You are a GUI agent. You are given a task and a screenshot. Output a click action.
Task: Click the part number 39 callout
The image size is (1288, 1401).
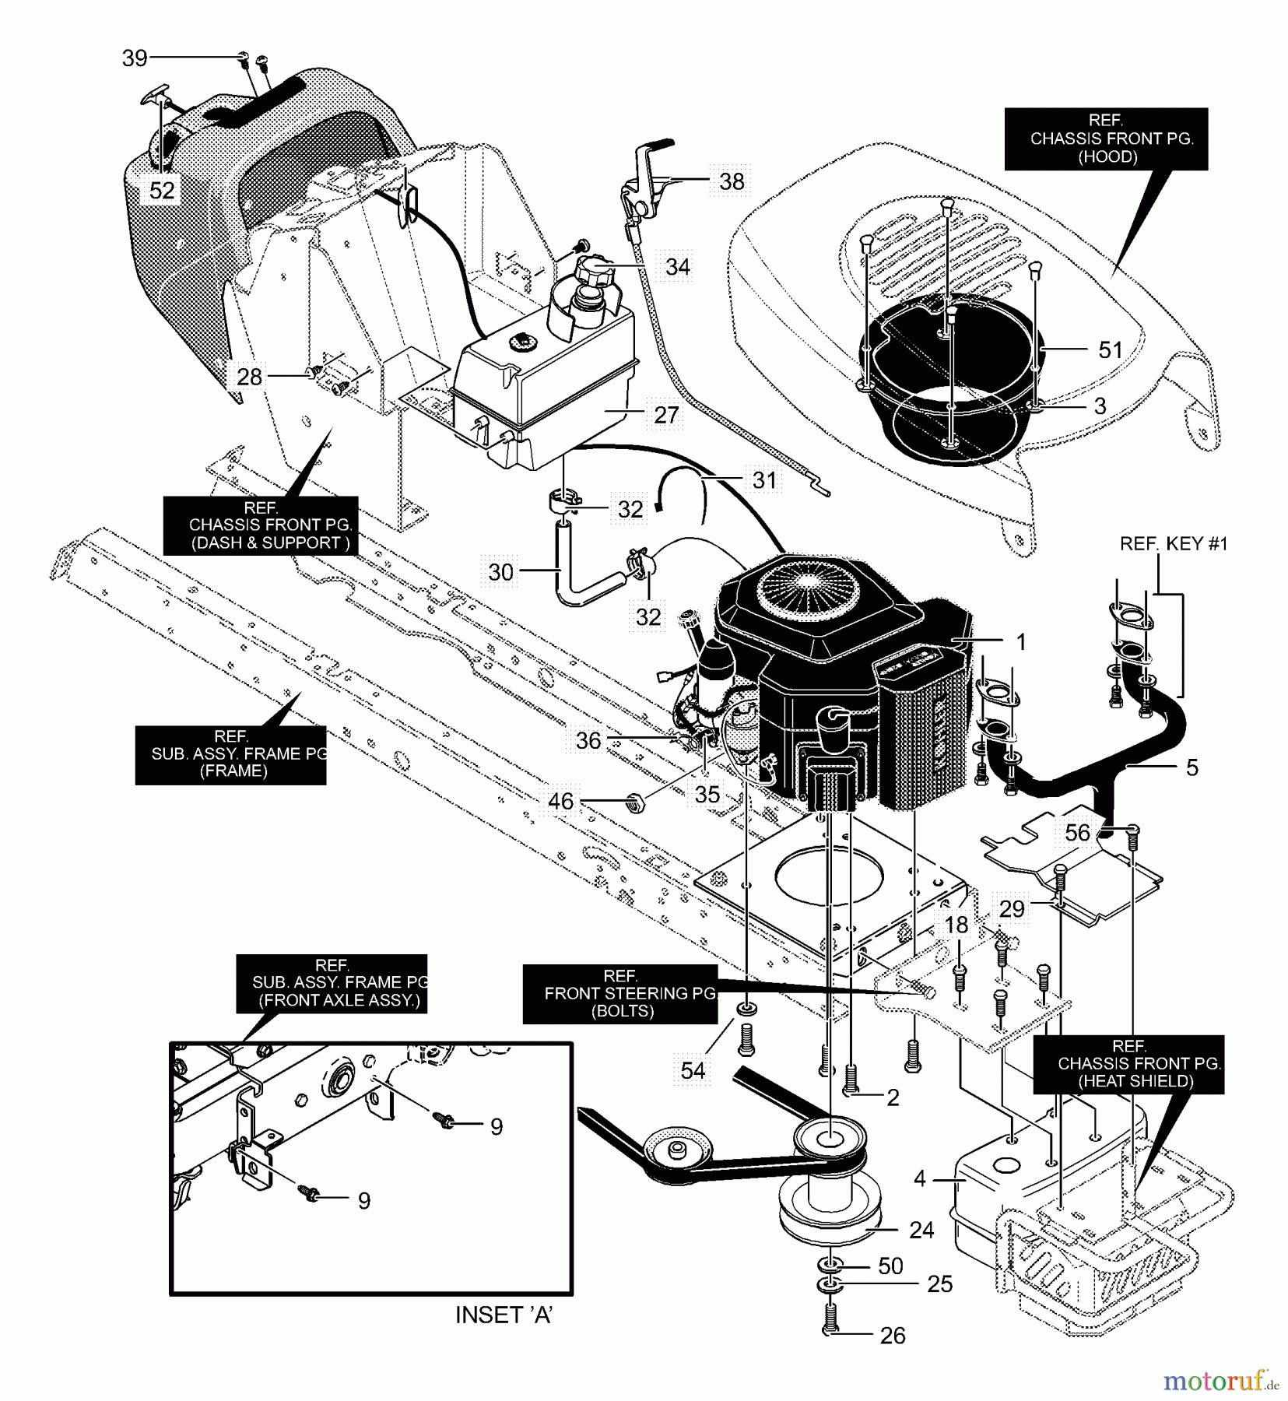[x=135, y=58]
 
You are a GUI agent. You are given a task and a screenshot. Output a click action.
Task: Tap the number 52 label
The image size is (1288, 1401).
[x=162, y=191]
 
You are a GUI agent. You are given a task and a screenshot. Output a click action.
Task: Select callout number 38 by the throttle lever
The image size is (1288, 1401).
[x=732, y=181]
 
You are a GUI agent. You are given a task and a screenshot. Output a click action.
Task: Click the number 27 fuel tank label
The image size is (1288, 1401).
[x=666, y=415]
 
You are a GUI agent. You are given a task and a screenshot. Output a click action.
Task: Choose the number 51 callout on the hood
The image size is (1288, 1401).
[x=1110, y=350]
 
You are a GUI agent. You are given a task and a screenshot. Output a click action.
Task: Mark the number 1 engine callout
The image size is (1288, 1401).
[x=1020, y=642]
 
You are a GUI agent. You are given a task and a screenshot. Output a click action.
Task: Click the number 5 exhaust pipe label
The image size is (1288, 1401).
[x=1191, y=767]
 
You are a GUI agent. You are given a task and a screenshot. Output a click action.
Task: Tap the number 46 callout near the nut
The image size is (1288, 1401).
[x=560, y=801]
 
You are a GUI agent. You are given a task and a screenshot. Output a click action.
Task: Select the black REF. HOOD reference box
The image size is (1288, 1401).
[x=1106, y=139]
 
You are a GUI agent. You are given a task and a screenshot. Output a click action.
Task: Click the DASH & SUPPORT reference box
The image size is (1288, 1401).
[x=261, y=525]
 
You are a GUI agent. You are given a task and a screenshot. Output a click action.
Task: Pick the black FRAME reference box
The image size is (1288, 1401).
[x=231, y=754]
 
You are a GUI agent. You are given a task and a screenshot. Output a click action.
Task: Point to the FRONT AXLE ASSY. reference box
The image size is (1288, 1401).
[x=332, y=983]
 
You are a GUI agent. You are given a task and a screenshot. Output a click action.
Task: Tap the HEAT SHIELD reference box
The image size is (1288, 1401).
[x=1128, y=1064]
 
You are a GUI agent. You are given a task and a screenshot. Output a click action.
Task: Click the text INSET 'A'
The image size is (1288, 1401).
[x=504, y=1315]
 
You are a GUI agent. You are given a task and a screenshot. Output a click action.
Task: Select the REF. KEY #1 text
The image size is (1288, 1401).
[x=1173, y=544]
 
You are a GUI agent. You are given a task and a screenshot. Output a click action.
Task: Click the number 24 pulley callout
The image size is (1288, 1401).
[x=921, y=1230]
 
